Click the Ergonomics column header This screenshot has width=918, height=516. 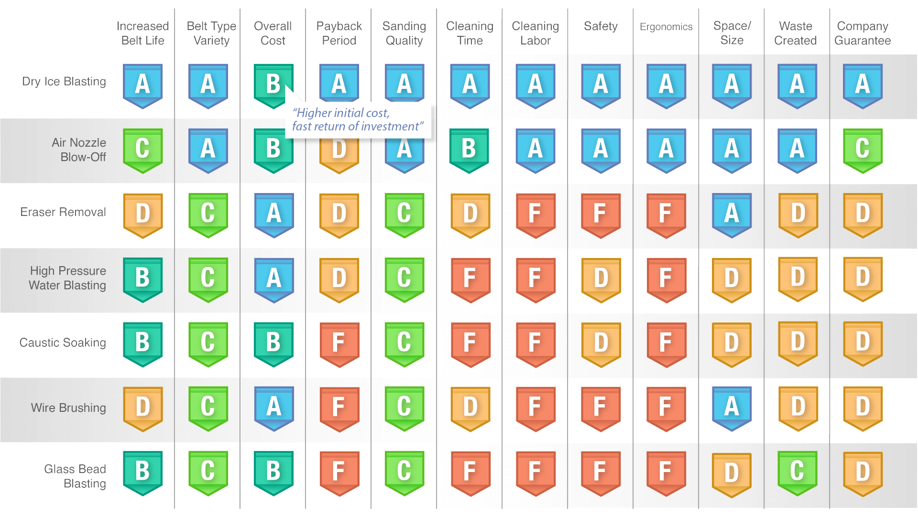click(x=666, y=27)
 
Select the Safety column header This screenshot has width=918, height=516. click(x=601, y=26)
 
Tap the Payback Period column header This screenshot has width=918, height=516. click(x=339, y=33)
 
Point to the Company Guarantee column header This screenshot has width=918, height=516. click(x=863, y=33)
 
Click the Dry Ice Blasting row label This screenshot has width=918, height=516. click(x=64, y=82)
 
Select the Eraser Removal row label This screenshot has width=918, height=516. click(x=63, y=212)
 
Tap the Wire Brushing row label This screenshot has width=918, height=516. click(x=68, y=408)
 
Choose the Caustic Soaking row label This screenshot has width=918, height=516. click(x=63, y=343)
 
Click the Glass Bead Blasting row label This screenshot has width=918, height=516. click(x=75, y=476)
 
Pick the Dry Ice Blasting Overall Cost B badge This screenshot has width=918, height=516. click(x=273, y=85)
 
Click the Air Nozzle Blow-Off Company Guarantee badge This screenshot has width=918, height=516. click(x=863, y=150)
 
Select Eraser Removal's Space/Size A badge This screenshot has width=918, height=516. click(x=732, y=214)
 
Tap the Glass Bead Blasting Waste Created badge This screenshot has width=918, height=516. click(x=797, y=472)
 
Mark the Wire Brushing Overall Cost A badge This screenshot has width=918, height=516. click(x=273, y=408)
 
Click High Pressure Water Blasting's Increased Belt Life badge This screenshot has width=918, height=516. click(x=142, y=279)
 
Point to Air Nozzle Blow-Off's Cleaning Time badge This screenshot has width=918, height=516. click(x=469, y=150)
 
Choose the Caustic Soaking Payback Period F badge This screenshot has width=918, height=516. click(x=339, y=344)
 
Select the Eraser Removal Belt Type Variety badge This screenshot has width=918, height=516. click(x=208, y=214)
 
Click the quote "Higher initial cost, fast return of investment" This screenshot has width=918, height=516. click(x=357, y=120)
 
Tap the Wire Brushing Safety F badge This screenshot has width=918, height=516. click(x=601, y=408)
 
